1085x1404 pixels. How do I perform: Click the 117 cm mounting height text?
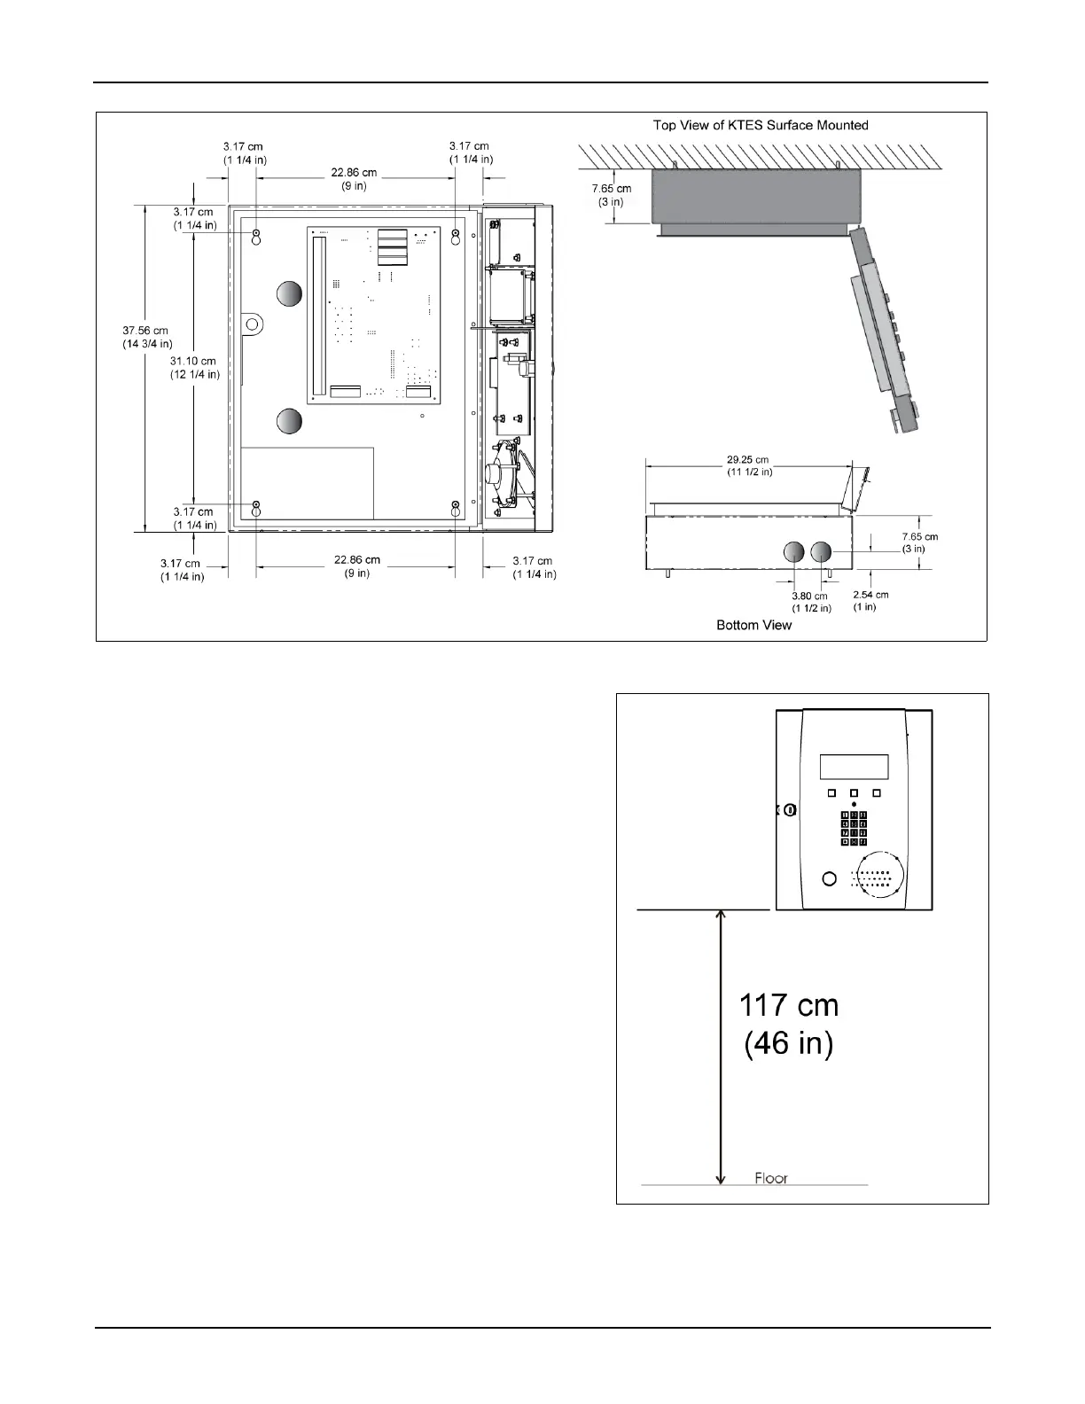pos(789,1006)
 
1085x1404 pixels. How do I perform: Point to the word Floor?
pos(771,1178)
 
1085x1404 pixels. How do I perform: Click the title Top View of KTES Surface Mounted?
pos(761,125)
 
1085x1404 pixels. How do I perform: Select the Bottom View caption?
pos(754,625)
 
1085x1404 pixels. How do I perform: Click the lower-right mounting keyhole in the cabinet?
pos(456,509)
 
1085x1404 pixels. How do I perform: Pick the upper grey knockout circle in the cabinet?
pos(289,294)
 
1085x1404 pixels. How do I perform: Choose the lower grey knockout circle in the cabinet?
pos(289,421)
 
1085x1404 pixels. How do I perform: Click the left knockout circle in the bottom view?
pos(793,552)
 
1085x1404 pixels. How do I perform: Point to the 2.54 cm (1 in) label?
pos(870,601)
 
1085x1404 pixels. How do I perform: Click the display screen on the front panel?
pos(854,767)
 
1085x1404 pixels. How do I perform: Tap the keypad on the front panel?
pos(854,829)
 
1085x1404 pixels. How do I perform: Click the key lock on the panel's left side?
pos(790,809)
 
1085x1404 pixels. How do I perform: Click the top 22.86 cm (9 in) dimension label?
pos(354,180)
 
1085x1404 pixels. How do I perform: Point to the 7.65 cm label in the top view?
pos(612,195)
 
